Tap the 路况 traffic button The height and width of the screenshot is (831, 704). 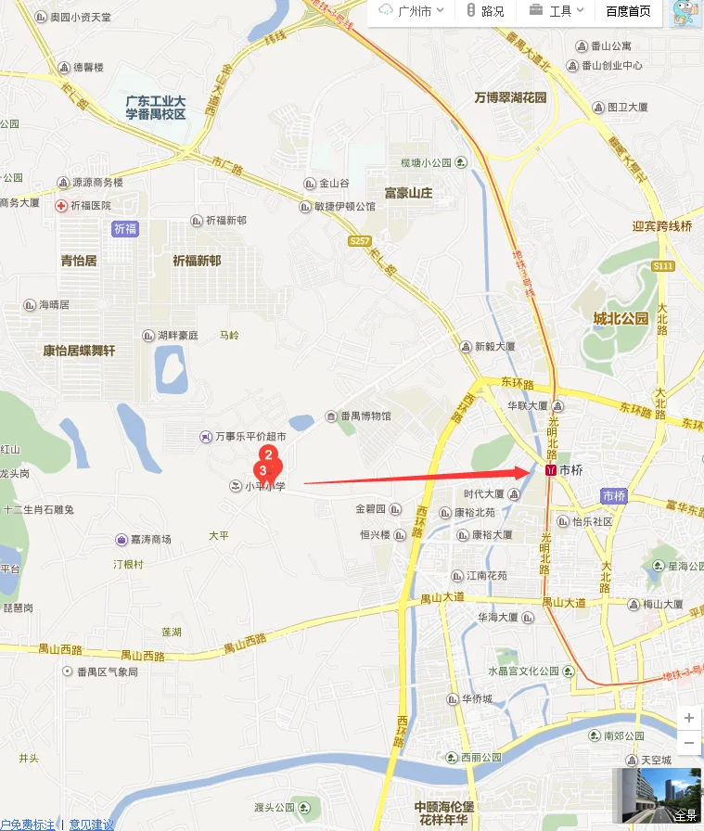(485, 11)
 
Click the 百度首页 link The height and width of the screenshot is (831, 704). (628, 11)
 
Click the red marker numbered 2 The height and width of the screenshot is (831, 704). (267, 454)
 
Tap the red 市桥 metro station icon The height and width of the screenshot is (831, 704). (551, 470)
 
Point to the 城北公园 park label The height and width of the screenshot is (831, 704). (621, 319)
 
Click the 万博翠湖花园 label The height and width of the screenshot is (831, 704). (510, 97)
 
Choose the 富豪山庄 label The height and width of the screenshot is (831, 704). (409, 193)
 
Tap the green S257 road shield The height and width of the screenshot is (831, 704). (360, 241)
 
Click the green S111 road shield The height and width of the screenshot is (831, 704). (662, 266)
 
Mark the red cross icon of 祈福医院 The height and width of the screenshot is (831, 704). (61, 205)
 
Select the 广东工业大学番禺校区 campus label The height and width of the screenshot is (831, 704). (156, 108)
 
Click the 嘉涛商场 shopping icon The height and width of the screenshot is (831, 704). (122, 539)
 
